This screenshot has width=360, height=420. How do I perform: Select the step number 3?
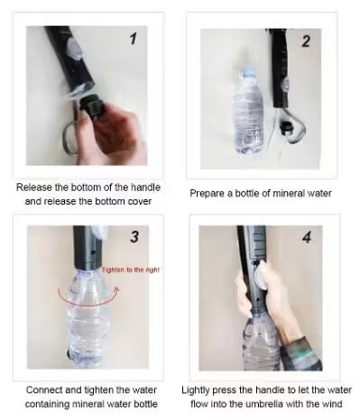135,238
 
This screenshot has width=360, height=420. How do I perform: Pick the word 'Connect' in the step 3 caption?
41,388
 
